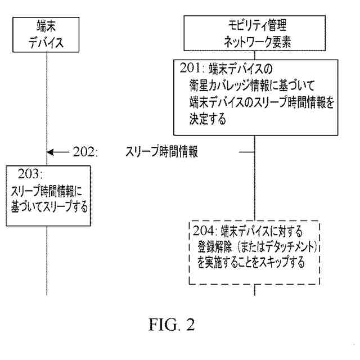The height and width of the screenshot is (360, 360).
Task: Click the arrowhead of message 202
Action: click(x=51, y=152)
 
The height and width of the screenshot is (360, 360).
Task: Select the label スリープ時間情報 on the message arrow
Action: click(x=162, y=152)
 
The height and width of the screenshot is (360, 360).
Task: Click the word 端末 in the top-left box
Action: click(x=46, y=26)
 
